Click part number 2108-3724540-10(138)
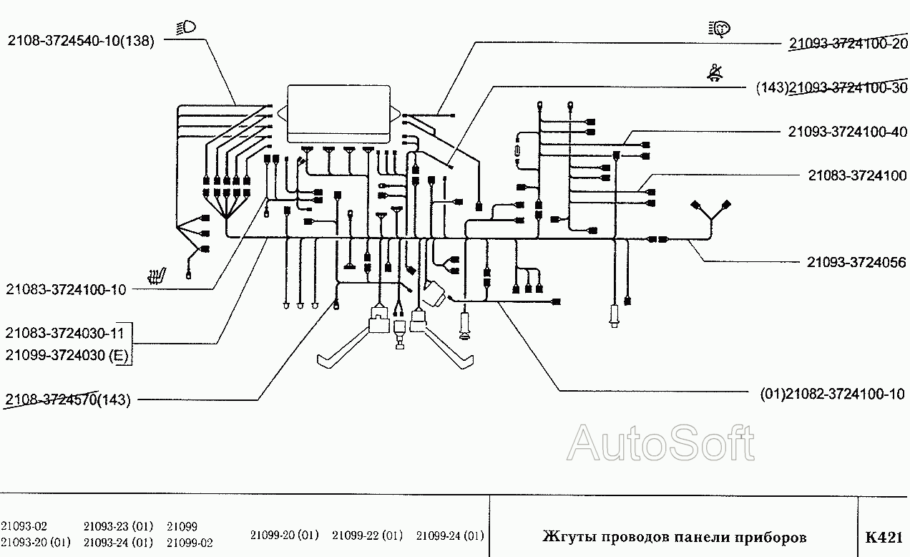(x=81, y=41)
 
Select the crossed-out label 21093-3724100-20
(x=848, y=43)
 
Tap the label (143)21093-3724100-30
(x=831, y=87)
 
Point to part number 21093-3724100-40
(x=848, y=132)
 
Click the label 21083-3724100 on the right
(x=857, y=175)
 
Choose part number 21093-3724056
(x=856, y=262)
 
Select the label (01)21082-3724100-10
(x=833, y=394)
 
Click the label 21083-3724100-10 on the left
(x=66, y=289)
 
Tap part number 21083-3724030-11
(x=64, y=334)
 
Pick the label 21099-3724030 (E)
(x=67, y=355)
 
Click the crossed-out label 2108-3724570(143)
(x=68, y=399)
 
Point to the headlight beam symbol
(x=186, y=28)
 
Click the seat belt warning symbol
(x=715, y=72)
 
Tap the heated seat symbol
(x=157, y=276)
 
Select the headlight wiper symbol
(x=719, y=29)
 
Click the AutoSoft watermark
(x=660, y=442)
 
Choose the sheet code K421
(x=884, y=538)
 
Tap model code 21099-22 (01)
(x=367, y=536)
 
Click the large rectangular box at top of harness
(x=339, y=114)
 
